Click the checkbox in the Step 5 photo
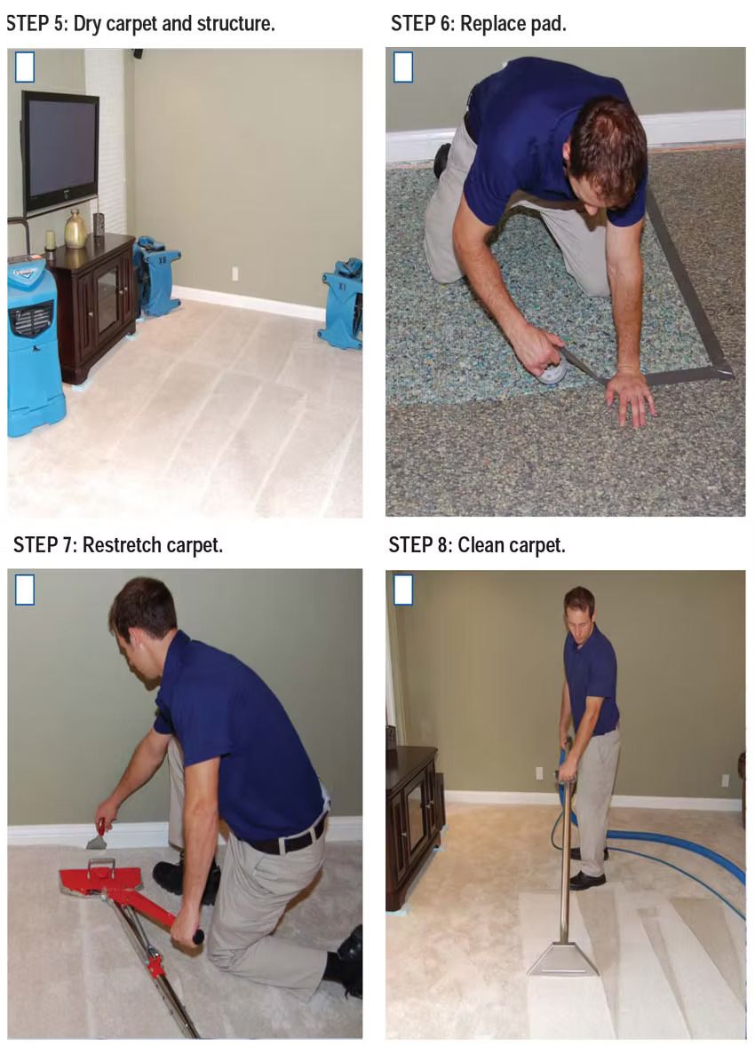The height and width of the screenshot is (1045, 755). click(x=25, y=67)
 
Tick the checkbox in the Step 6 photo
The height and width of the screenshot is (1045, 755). click(x=403, y=67)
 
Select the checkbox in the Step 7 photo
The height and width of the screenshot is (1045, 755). click(x=25, y=590)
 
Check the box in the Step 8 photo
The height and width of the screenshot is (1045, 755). click(x=403, y=590)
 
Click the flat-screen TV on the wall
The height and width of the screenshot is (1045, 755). click(x=60, y=150)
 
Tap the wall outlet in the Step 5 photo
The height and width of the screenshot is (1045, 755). click(x=235, y=273)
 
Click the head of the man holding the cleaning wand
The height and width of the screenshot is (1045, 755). click(x=579, y=607)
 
